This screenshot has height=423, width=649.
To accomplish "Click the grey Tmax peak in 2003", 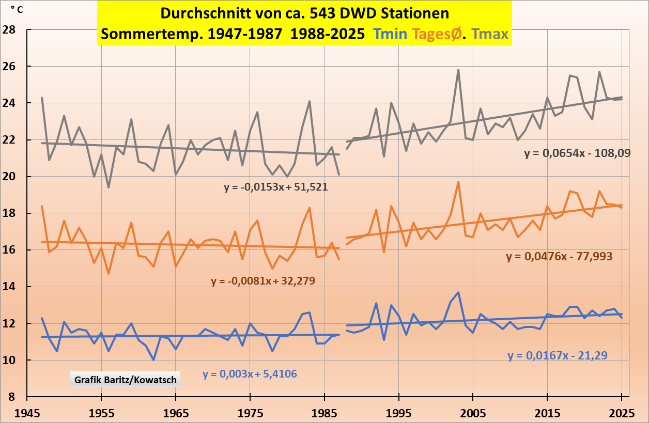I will click(458, 70).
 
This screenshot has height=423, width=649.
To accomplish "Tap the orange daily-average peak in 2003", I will click(458, 182).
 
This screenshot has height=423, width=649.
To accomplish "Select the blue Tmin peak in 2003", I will click(458, 292).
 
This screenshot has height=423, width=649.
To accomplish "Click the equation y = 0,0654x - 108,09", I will click(577, 153).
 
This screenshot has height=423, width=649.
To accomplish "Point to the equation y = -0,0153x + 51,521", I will click(276, 187).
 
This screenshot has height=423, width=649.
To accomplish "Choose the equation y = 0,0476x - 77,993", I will click(559, 256).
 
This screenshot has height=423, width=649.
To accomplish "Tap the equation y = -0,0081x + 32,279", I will click(263, 281).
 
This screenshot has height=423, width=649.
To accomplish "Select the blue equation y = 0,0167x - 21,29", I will click(557, 355).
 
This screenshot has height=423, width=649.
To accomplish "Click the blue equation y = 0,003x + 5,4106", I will click(250, 374).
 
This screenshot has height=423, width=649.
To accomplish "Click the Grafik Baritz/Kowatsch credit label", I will click(126, 380).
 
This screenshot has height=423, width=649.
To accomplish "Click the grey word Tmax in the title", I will click(490, 34).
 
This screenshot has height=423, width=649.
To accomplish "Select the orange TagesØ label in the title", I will click(438, 34).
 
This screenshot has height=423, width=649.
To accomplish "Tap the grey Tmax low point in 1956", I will click(109, 187).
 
